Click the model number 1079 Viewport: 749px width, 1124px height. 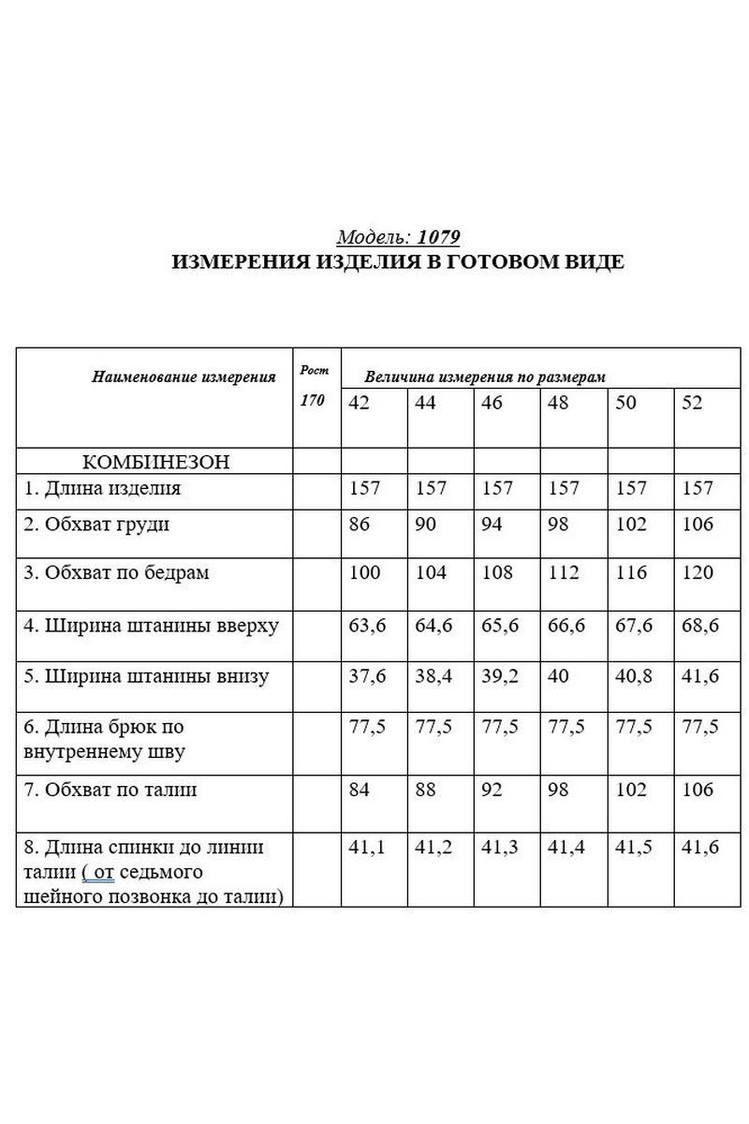(439, 237)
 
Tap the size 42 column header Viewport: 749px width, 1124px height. (359, 402)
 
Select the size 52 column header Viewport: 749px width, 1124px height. (692, 402)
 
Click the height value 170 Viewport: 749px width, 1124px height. (312, 401)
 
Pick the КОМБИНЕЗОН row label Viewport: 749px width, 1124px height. (156, 461)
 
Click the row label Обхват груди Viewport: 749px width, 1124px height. (97, 525)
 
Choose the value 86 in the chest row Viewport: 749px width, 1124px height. (359, 525)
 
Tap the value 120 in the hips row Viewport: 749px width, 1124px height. (698, 572)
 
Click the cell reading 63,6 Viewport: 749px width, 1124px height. (367, 625)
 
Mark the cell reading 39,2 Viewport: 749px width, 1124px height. (500, 676)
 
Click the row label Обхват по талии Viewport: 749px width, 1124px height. (111, 790)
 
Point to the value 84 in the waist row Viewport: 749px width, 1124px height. (359, 790)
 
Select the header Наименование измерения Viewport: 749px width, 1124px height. (184, 377)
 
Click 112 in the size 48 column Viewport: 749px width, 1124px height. (564, 572)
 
